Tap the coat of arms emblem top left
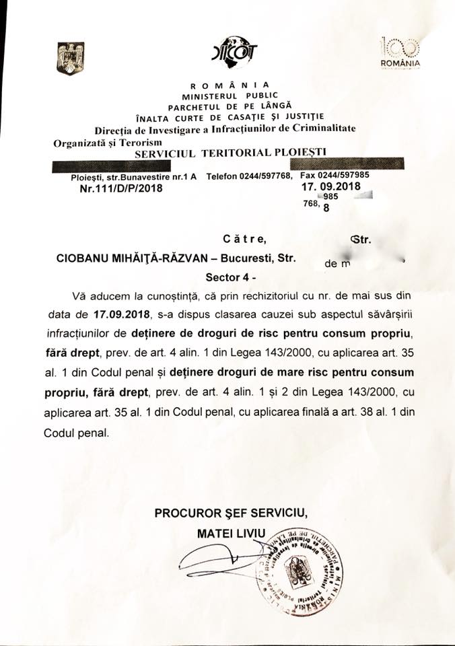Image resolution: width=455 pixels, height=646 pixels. click(x=70, y=59)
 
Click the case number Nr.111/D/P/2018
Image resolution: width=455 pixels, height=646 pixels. click(x=121, y=189)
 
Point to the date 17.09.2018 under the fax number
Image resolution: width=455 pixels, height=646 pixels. click(x=332, y=186)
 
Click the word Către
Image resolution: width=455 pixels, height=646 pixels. click(x=240, y=238)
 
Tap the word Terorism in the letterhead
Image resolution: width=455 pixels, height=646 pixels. click(x=125, y=143)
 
